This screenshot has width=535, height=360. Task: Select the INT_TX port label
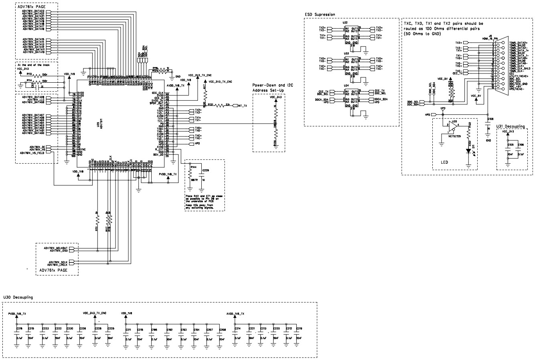pos(242,106)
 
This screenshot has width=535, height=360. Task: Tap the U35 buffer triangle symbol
pos(452,127)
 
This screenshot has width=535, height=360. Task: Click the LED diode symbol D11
pos(468,152)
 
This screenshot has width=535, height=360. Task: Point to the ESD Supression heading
pos(320,15)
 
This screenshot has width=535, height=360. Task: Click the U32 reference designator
pos(345,23)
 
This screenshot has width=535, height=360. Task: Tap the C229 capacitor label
pos(205,171)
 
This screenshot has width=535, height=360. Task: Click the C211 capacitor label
pos(128,329)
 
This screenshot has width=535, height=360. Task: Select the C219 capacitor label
pos(299,329)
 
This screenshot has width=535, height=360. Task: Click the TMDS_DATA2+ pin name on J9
pos(518,42)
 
